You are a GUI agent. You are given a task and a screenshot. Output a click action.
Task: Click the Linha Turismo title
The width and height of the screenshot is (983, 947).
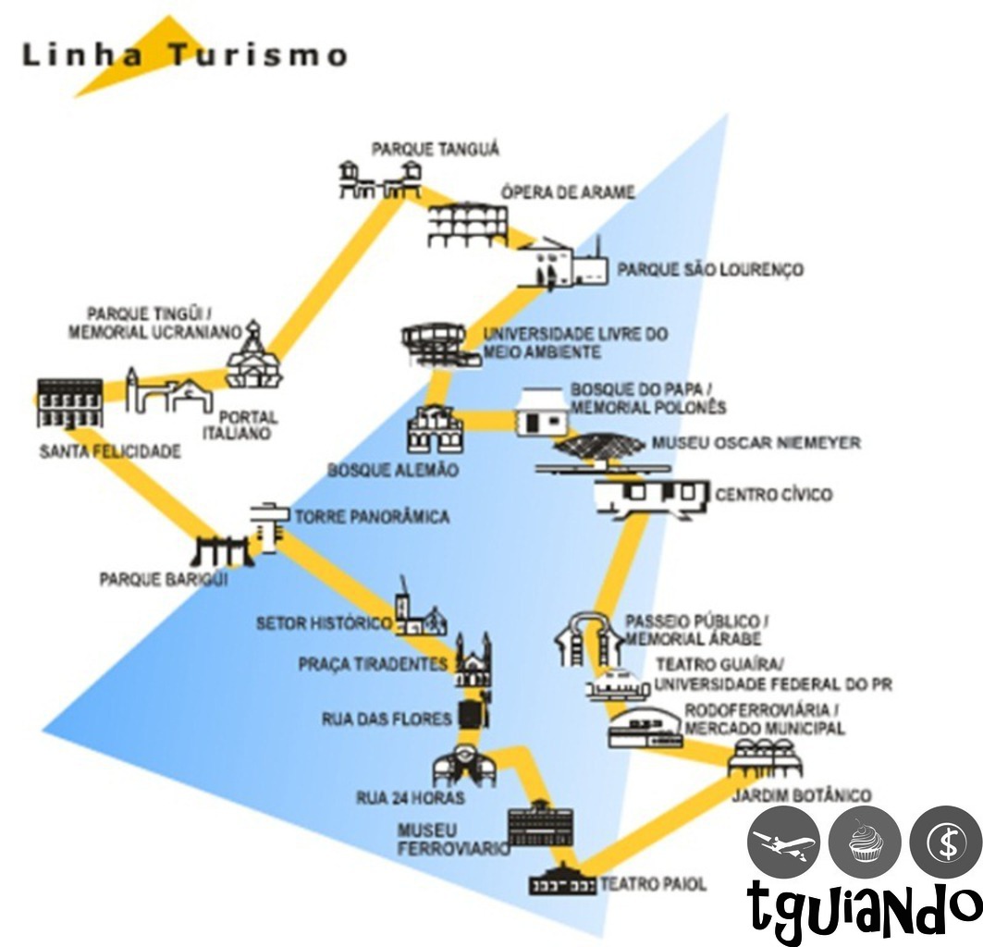(184, 55)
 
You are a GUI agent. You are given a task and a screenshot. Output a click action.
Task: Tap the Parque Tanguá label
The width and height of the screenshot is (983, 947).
(435, 148)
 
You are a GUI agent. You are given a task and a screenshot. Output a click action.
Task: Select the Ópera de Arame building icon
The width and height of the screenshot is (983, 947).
(468, 225)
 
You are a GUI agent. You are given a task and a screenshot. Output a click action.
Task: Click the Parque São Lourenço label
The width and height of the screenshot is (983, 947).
(710, 270)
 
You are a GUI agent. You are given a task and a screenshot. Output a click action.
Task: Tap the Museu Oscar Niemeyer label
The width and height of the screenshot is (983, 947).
(756, 443)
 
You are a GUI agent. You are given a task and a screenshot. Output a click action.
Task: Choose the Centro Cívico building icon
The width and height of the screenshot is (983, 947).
(653, 495)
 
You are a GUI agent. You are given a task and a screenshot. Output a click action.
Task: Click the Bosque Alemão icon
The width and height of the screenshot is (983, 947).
(434, 429)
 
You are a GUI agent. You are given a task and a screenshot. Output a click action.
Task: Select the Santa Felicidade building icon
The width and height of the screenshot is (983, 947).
(69, 402)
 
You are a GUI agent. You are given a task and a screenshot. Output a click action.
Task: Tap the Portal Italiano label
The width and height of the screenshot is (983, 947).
(240, 424)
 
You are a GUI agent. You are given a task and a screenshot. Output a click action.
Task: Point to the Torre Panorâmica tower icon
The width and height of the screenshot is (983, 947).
(267, 526)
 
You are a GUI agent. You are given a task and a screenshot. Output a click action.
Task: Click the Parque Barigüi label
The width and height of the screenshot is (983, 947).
(164, 580)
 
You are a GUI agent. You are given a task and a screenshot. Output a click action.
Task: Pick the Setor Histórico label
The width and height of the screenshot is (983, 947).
(324, 623)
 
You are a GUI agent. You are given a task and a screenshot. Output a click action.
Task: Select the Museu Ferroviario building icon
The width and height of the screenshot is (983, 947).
(540, 825)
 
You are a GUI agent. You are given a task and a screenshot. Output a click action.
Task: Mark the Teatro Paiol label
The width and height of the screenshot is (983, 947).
(653, 884)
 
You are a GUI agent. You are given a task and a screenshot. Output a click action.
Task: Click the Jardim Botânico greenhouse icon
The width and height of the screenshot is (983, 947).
(765, 759)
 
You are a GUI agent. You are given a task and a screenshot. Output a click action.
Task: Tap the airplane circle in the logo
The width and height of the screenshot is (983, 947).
(784, 842)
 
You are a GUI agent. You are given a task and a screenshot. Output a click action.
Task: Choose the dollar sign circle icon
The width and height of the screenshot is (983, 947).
(946, 841)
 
